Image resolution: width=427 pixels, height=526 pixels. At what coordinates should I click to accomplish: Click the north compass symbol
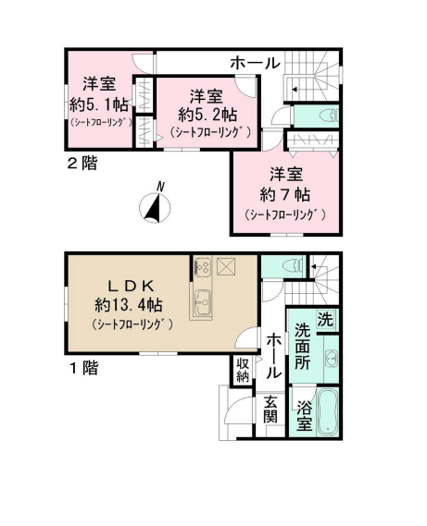(x=155, y=205)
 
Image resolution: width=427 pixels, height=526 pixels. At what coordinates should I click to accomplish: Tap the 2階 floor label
(x=82, y=164)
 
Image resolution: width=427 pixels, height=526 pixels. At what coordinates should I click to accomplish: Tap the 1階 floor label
(x=83, y=368)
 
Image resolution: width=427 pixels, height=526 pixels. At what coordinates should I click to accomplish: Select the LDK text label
(x=131, y=286)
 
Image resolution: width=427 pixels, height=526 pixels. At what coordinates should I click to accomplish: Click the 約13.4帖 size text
(x=129, y=305)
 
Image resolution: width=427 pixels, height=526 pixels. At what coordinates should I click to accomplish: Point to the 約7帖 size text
(x=284, y=194)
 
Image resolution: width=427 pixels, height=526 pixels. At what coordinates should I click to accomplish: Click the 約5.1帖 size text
(x=99, y=104)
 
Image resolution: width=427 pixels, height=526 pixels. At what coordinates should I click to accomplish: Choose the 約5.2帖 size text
(x=207, y=115)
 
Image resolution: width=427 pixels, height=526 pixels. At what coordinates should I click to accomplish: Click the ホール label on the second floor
(x=256, y=63)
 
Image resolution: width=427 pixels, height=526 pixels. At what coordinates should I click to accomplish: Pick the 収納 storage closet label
(x=243, y=370)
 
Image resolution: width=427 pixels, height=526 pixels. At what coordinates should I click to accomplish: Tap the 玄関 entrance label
(x=270, y=409)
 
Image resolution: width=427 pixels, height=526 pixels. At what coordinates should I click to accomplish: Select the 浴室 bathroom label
(x=305, y=416)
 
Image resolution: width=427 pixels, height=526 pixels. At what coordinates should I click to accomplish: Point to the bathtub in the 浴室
(x=327, y=412)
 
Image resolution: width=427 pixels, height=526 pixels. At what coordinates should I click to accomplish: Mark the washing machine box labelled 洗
(x=325, y=320)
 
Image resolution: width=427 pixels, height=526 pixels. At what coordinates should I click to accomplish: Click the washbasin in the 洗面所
(x=332, y=358)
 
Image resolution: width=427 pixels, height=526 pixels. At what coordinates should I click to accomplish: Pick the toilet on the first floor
(x=294, y=266)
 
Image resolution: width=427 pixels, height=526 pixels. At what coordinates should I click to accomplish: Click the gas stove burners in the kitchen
(x=203, y=267)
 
